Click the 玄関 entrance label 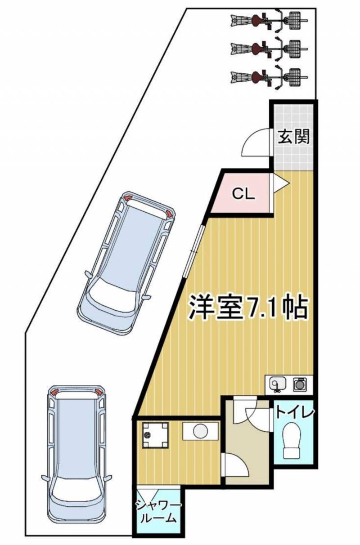pyautogui.click(x=294, y=137)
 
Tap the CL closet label pyautogui.click(x=243, y=194)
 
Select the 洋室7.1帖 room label pyautogui.click(x=248, y=308)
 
